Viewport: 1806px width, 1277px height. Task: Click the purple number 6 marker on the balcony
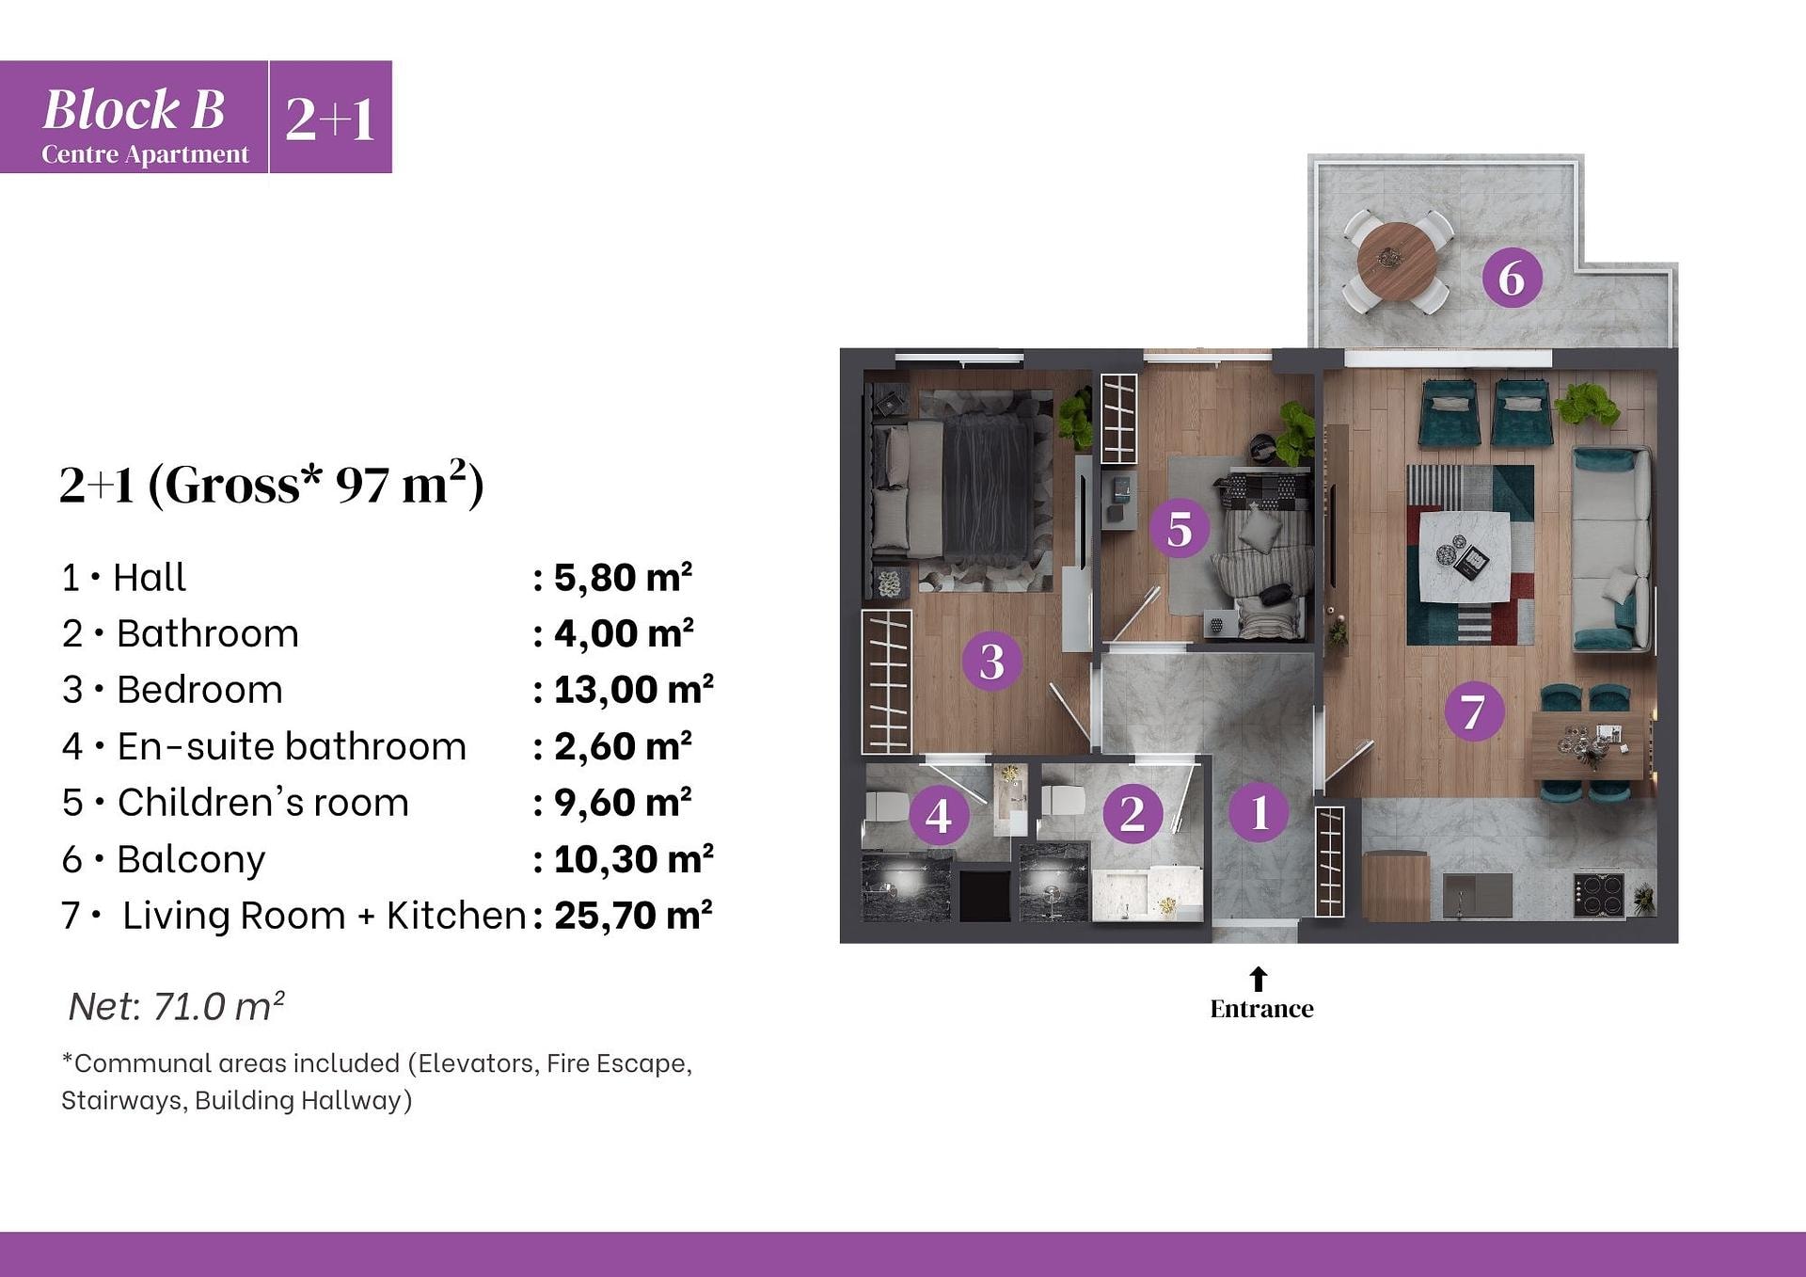point(1512,278)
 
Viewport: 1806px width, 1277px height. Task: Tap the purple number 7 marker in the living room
point(1473,711)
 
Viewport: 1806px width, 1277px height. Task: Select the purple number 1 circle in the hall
point(1259,811)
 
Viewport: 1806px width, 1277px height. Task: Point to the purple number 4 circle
point(939,815)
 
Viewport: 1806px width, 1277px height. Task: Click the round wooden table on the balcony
point(1397,261)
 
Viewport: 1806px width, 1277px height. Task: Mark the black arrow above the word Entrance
point(1259,979)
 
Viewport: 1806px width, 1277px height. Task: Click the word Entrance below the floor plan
point(1261,1009)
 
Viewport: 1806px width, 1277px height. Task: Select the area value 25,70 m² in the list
point(633,916)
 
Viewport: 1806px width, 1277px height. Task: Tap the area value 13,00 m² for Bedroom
point(633,690)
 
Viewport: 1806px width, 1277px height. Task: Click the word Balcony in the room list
point(191,859)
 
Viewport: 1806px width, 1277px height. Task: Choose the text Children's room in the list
point(263,803)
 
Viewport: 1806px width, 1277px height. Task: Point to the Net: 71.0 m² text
point(177,1006)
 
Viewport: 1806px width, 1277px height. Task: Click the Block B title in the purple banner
point(134,109)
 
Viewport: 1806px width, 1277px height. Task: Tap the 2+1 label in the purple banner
point(330,119)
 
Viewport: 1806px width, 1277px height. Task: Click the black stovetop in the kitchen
point(1598,895)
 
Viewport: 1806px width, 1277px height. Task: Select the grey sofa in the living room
point(1612,550)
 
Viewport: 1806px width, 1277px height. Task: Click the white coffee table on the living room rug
point(1465,556)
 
